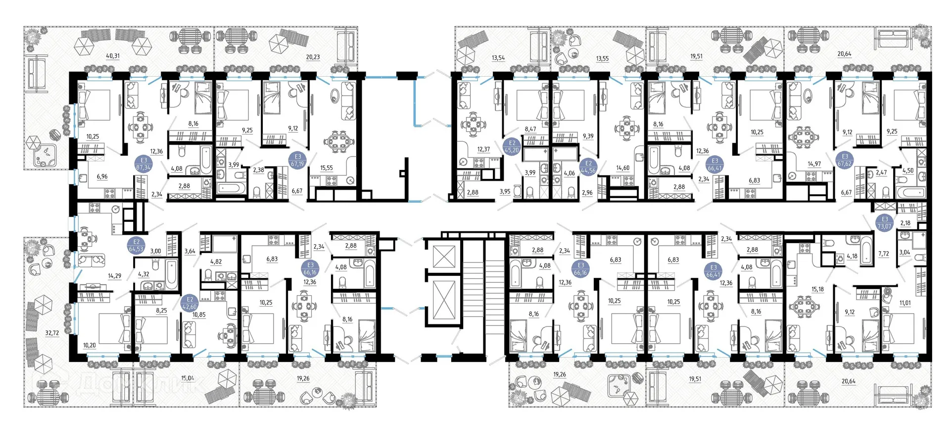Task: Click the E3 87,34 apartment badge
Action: pyautogui.click(x=143, y=164)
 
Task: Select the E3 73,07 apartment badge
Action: pyautogui.click(x=884, y=222)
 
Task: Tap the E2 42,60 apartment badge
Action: pyautogui.click(x=190, y=303)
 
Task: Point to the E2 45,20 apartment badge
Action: pyautogui.click(x=512, y=147)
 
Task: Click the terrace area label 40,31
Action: pyautogui.click(x=113, y=56)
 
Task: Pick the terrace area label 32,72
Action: pyautogui.click(x=52, y=333)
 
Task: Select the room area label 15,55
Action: pyautogui.click(x=326, y=168)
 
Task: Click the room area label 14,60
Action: pyautogui.click(x=622, y=168)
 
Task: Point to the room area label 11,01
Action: pyautogui.click(x=905, y=303)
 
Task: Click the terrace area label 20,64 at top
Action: pyautogui.click(x=844, y=54)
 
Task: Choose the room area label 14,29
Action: pyautogui.click(x=114, y=276)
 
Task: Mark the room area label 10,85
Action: pyautogui.click(x=199, y=315)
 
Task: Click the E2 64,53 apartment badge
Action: pyautogui.click(x=136, y=246)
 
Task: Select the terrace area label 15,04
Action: pyautogui.click(x=188, y=378)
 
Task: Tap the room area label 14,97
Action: pyautogui.click(x=814, y=164)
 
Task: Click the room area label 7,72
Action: pyautogui.click(x=884, y=254)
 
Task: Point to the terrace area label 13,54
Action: pyautogui.click(x=498, y=58)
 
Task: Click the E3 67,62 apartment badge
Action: pyautogui.click(x=845, y=160)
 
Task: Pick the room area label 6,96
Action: pyautogui.click(x=102, y=176)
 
